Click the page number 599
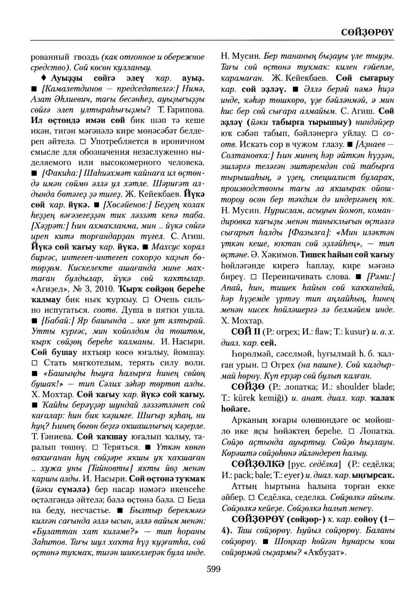point(213,569)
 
